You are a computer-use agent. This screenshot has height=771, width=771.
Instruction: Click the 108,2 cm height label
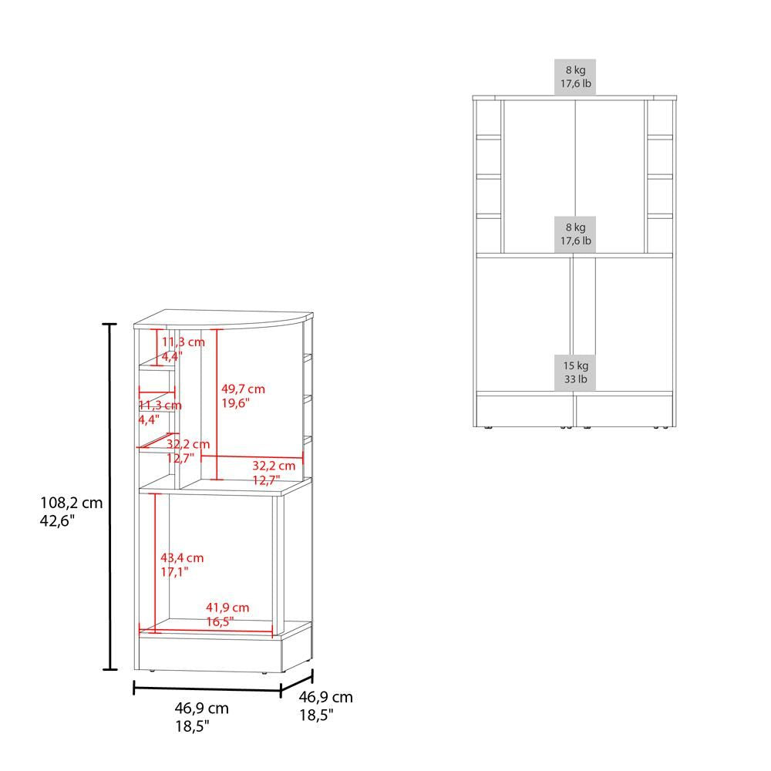click(x=71, y=503)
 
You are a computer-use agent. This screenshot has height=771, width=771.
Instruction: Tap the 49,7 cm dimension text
click(x=243, y=389)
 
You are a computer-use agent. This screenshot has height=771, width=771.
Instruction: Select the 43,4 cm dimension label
click(x=182, y=557)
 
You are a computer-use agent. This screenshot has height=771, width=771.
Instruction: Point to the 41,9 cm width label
click(x=227, y=608)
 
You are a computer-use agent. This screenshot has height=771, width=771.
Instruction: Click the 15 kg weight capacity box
click(x=575, y=372)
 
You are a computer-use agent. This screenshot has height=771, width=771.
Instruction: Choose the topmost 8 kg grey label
click(x=575, y=76)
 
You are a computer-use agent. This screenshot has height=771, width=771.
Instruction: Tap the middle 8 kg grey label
click(x=575, y=234)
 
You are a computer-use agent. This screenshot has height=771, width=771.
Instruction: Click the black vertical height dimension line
click(x=109, y=497)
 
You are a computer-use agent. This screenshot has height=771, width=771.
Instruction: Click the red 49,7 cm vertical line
click(x=217, y=404)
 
